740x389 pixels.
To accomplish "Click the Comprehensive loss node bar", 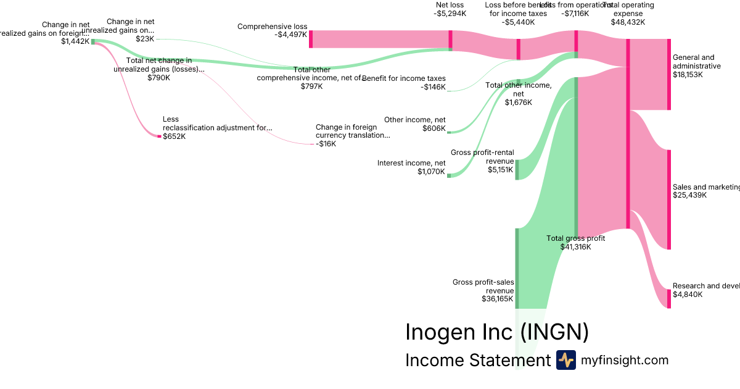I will [311, 39].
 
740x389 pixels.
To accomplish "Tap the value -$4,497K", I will [290, 35].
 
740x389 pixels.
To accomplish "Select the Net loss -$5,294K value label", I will [450, 13].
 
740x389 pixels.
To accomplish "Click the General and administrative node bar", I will [669, 74].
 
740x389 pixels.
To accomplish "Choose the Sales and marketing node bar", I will [669, 199].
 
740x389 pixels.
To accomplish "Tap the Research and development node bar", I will [669, 298].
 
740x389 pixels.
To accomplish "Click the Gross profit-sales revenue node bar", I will [517, 268].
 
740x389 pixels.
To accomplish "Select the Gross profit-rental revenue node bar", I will [517, 170].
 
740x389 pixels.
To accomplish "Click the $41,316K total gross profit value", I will [575, 247].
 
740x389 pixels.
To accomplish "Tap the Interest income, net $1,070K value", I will [431, 172].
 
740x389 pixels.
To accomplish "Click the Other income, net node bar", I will [449, 132].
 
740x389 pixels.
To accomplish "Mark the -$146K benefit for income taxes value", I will [433, 88].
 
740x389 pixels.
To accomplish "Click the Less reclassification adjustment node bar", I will [159, 136].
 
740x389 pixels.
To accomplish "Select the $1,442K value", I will [76, 41].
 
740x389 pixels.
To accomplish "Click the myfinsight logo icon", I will [565, 360].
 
